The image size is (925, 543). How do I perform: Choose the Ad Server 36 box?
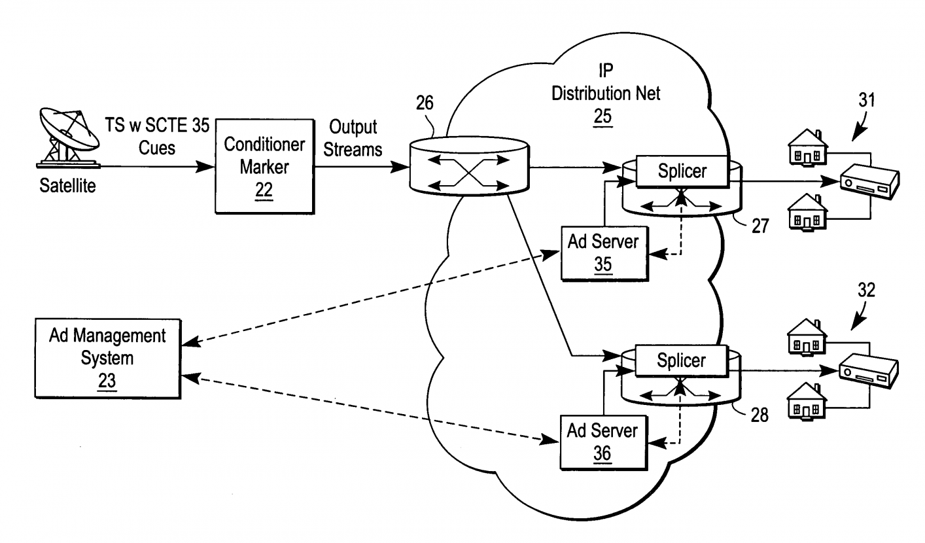click(x=603, y=442)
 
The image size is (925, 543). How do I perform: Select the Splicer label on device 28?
click(x=682, y=360)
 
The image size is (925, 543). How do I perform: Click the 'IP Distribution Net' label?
click(x=606, y=82)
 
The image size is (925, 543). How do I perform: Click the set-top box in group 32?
click(x=869, y=370)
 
